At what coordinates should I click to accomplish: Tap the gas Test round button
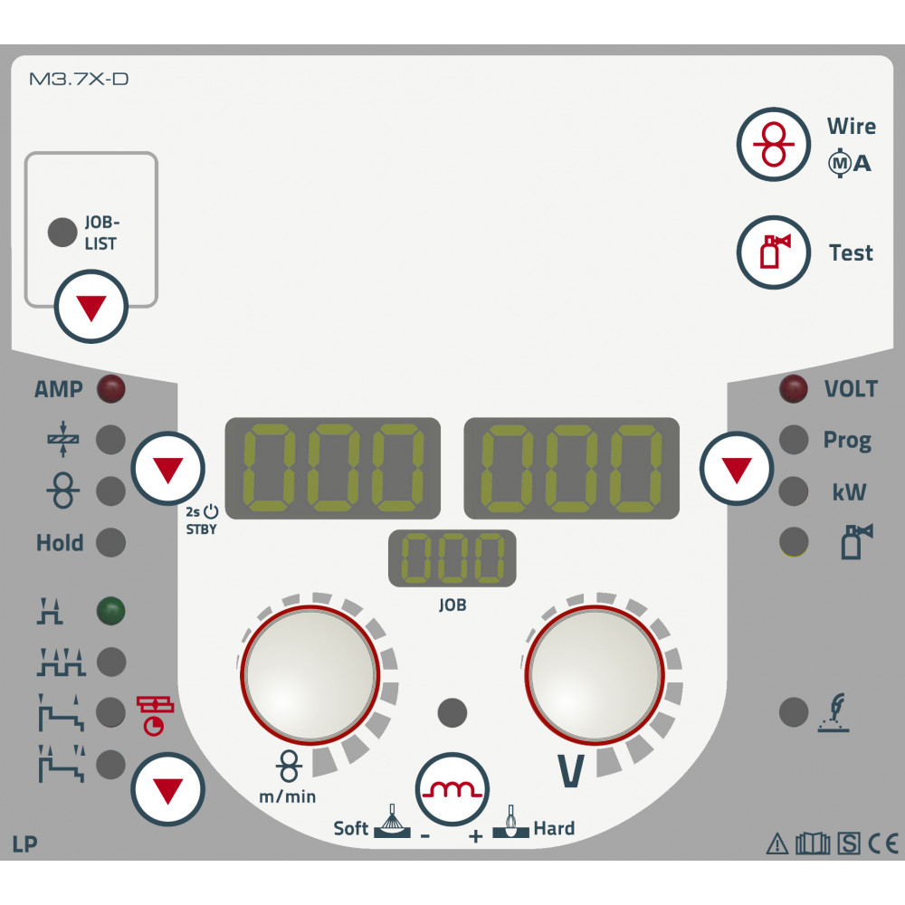pos(774,252)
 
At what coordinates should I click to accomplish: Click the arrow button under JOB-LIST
pos(91,307)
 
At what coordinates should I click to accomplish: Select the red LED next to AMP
pos(110,388)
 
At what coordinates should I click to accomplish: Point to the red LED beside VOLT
pos(794,388)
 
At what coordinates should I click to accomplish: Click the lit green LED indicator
pos(110,611)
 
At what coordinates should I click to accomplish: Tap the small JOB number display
pos(452,558)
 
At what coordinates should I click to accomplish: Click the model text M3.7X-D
pos(79,79)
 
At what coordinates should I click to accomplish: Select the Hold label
pos(60,542)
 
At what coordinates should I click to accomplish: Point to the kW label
pos(849,491)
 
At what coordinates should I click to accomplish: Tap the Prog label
pos(847,441)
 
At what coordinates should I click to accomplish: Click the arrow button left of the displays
pos(168,468)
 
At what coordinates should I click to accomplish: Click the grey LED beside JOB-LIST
pos(62,232)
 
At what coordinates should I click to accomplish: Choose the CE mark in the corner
pos(883,843)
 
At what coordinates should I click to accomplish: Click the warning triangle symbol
pos(777,843)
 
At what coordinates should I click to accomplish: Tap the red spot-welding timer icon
pos(155,716)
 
